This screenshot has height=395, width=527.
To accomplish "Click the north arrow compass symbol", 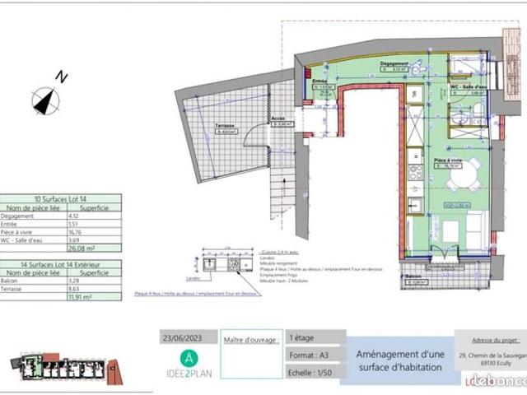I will tap(46, 100).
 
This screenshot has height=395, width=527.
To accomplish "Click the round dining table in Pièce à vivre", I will tap(454, 175).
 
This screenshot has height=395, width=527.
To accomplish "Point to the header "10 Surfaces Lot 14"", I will tap(61, 199).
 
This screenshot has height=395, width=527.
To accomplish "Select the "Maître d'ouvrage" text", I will tap(250, 337).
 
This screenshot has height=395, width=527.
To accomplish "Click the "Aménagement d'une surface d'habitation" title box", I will tap(394, 360).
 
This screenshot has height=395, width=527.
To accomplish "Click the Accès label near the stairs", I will tap(277, 118).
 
